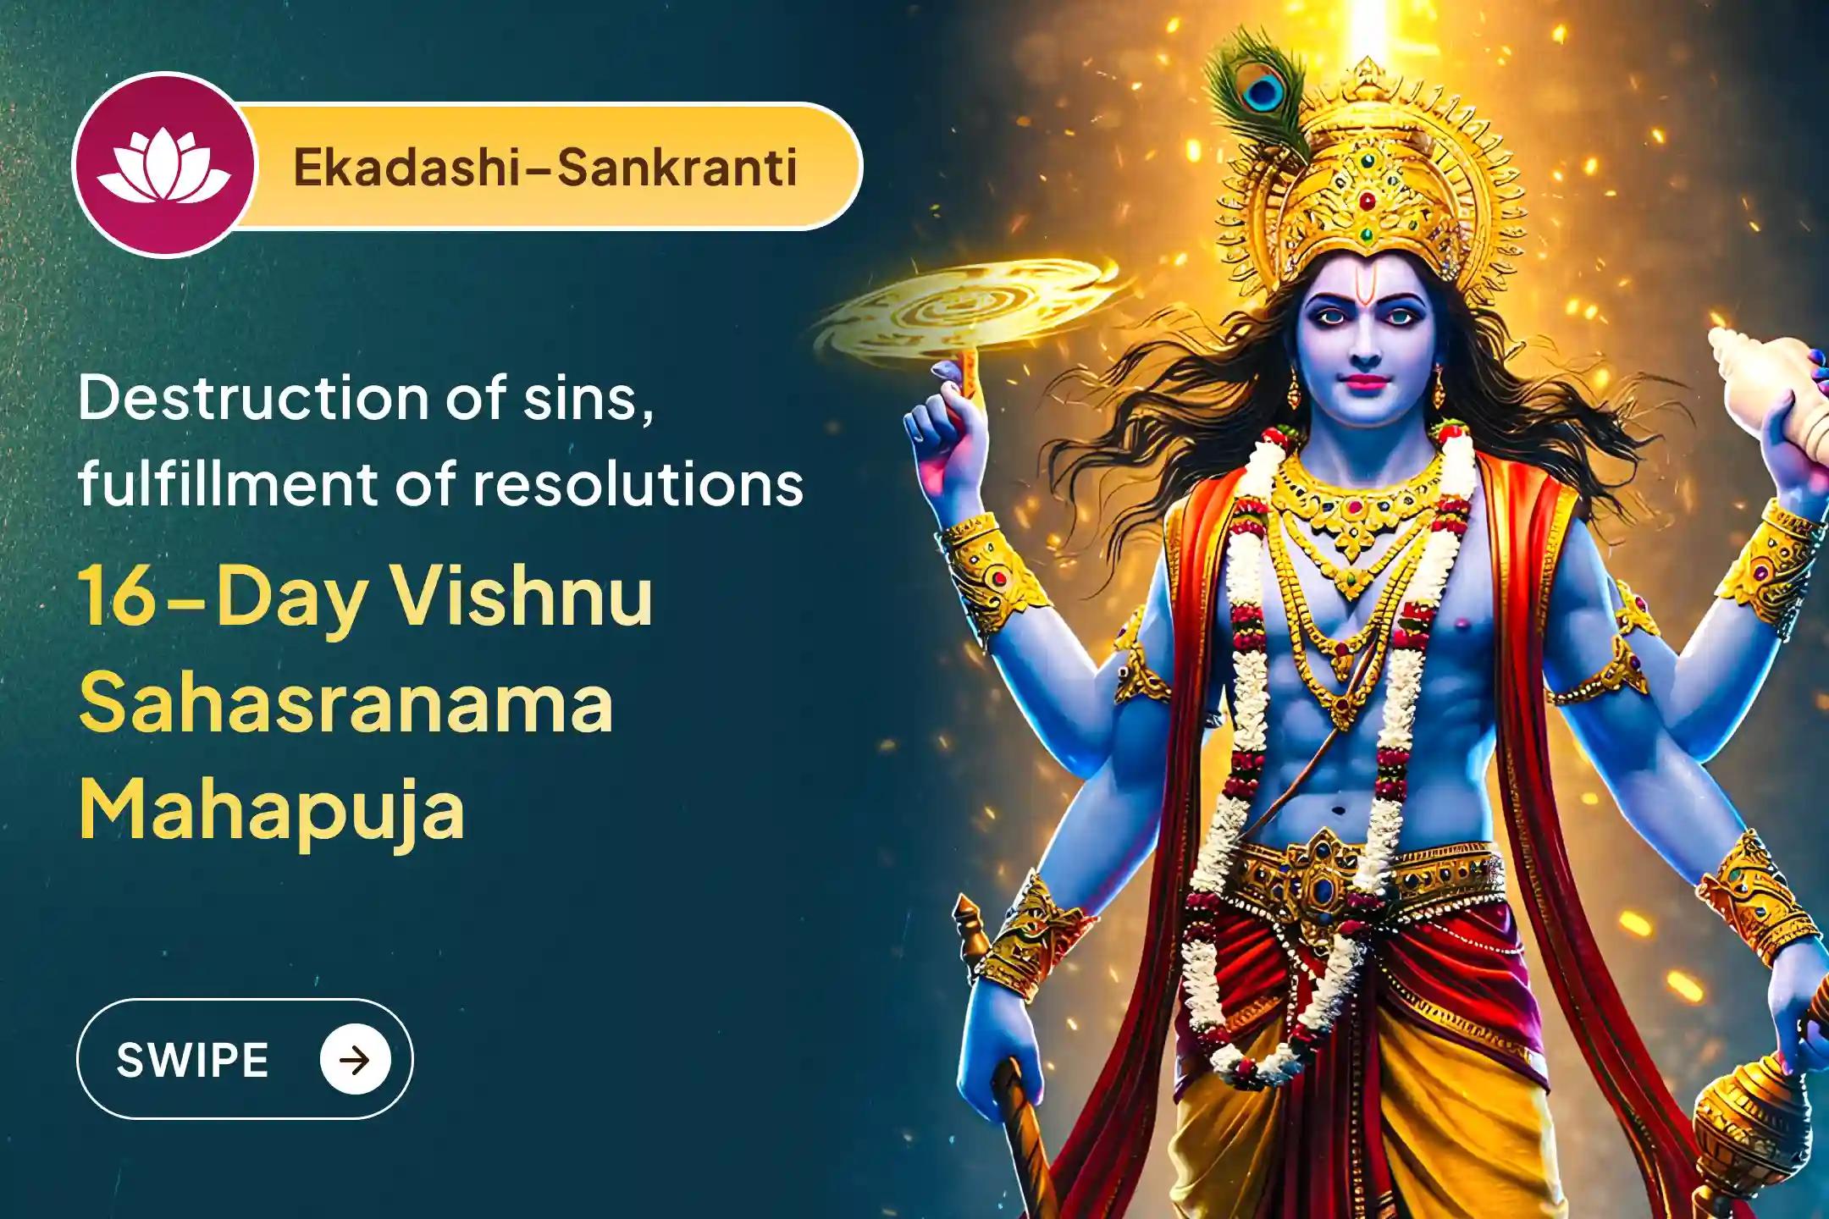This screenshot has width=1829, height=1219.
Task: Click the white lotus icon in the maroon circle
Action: click(x=163, y=168)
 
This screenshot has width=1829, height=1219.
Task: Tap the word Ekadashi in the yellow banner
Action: click(x=410, y=168)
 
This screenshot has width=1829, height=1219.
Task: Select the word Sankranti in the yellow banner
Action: click(x=677, y=168)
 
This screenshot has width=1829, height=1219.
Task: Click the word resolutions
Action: click(x=638, y=484)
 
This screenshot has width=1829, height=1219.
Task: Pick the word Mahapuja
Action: click(x=271, y=811)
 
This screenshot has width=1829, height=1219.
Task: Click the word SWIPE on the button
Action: click(x=192, y=1060)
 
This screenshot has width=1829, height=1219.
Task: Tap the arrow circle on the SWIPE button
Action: click(x=356, y=1060)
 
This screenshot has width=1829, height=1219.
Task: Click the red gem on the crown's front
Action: click(x=1366, y=201)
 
